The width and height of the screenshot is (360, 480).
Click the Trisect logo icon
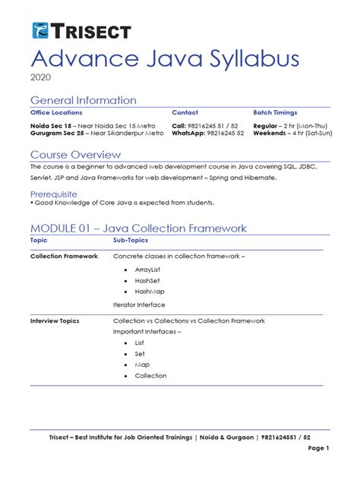[x=40, y=30]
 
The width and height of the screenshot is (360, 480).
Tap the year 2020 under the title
[x=40, y=77]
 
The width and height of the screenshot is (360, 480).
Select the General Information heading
[x=84, y=100]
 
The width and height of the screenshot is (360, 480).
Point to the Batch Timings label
[x=275, y=112]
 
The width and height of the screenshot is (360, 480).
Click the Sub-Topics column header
[x=131, y=239]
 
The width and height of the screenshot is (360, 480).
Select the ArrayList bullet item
[x=148, y=270]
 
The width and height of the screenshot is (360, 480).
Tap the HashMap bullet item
[x=150, y=292]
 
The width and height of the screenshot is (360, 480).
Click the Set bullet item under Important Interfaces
[x=140, y=354]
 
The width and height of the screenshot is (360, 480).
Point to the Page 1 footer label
[x=318, y=449]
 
